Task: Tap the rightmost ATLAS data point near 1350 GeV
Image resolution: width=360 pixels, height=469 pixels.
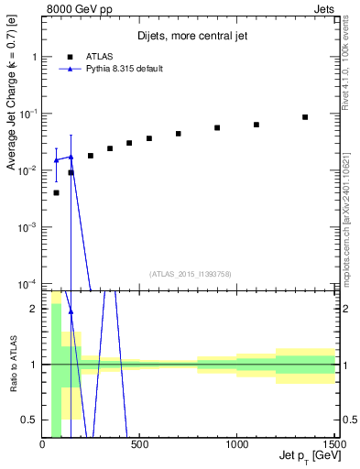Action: coord(305,117)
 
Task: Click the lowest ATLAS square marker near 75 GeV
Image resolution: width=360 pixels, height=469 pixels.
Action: coord(57,192)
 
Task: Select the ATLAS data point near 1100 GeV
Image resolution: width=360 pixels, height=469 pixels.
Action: coord(256,125)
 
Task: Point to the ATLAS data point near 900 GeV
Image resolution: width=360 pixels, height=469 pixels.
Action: coord(217,128)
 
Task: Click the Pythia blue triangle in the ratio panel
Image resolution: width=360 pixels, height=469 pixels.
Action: coord(71,311)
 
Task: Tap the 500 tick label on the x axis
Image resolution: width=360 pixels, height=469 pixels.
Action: coord(141,446)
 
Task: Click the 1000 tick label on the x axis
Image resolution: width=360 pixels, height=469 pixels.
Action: coord(237,446)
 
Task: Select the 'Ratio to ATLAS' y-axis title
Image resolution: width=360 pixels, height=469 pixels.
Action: coord(12,365)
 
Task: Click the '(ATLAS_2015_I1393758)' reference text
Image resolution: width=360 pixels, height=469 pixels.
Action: coord(190,274)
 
